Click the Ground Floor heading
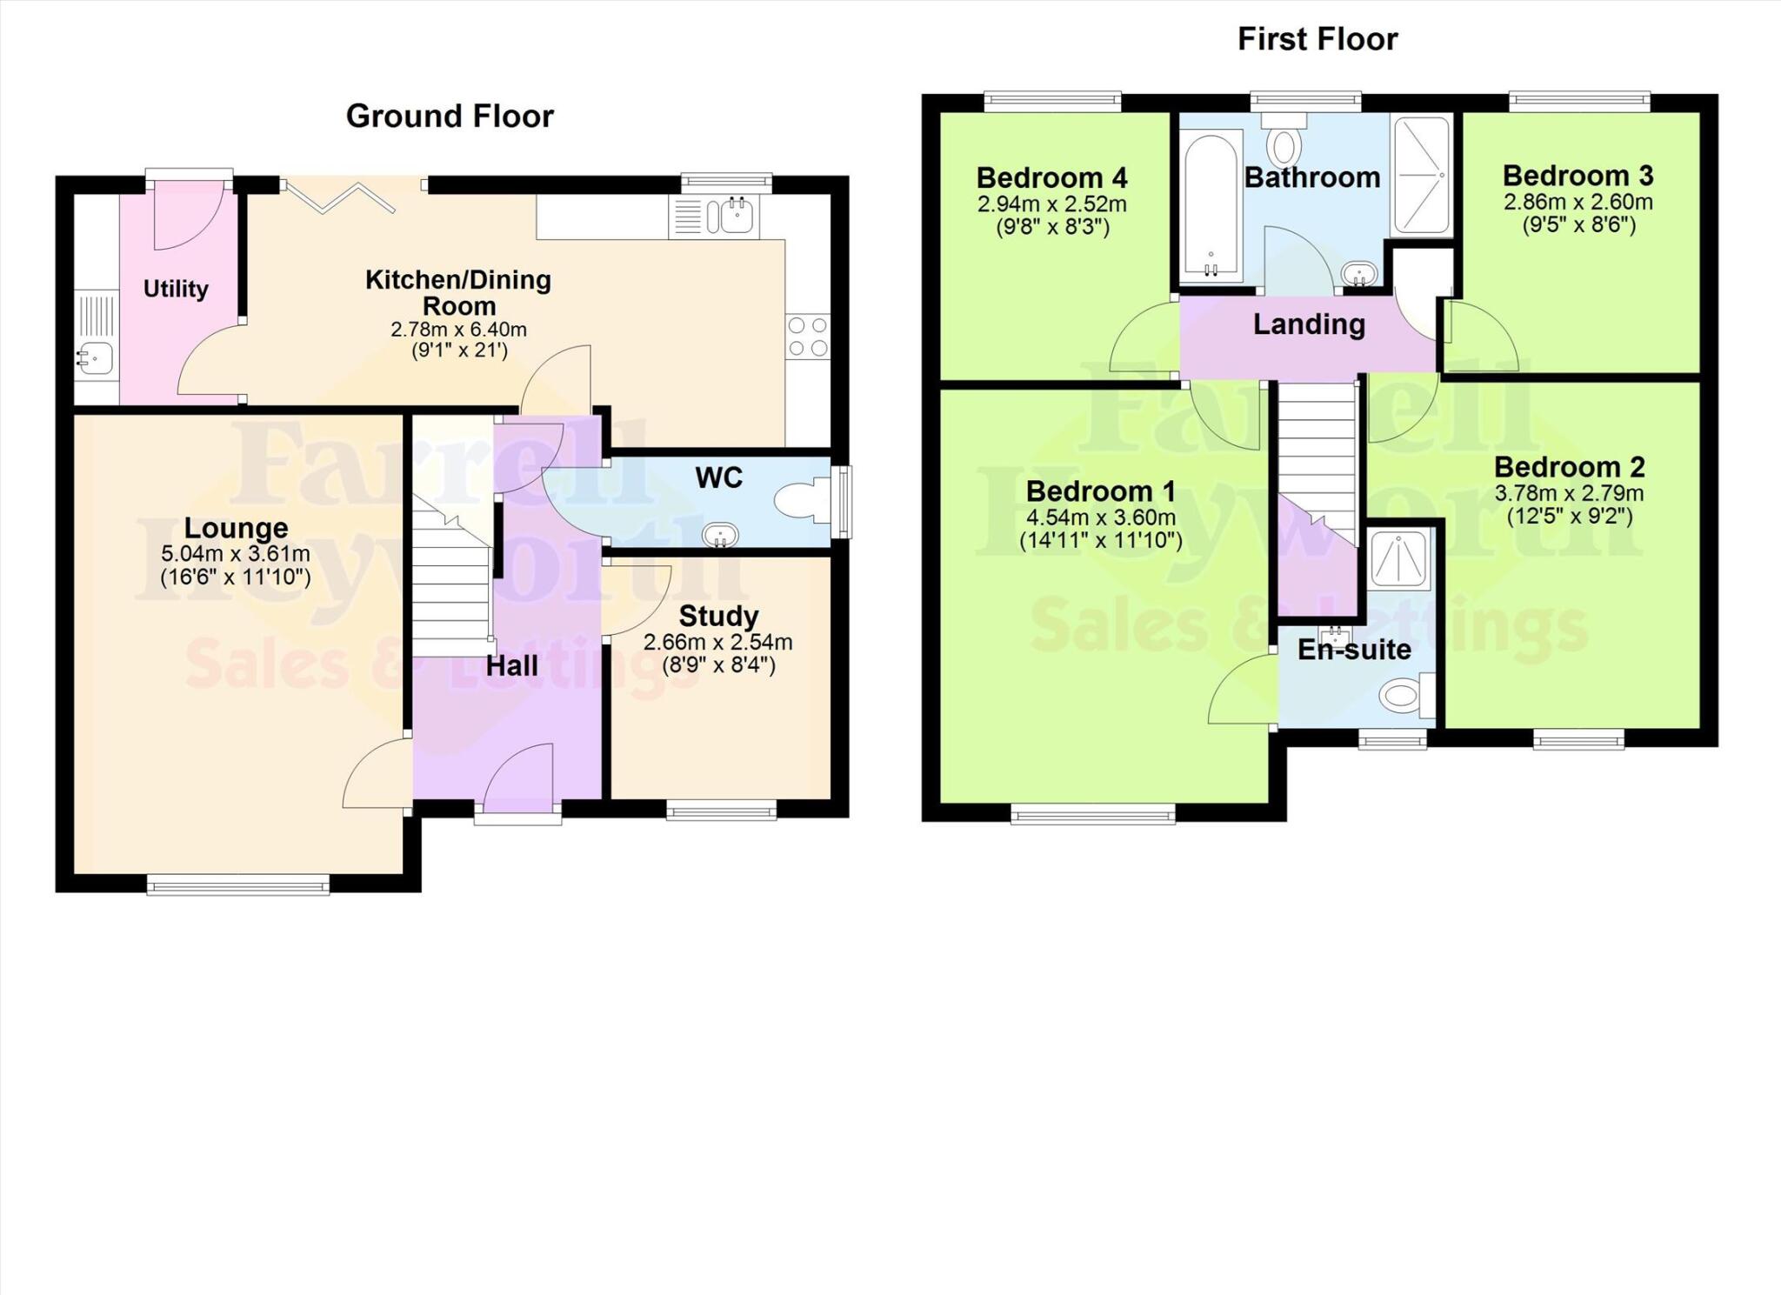(450, 117)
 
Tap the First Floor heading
(1317, 39)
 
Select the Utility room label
(176, 289)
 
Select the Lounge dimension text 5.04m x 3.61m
(235, 554)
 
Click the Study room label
(718, 616)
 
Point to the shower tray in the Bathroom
(1422, 175)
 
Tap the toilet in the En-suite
(1404, 695)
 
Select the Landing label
(1308, 324)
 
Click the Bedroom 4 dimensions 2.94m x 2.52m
(1051, 204)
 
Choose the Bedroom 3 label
(1578, 176)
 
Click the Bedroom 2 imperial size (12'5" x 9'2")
(1569, 517)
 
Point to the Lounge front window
(237, 885)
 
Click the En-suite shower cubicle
(1398, 560)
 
